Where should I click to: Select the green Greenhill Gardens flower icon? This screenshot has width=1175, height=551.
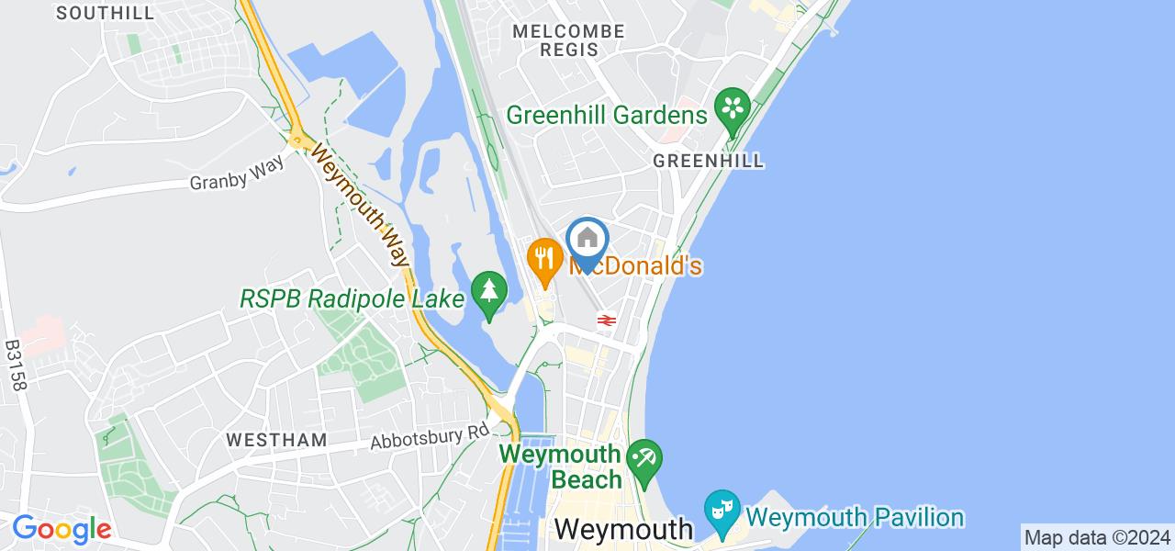click(x=733, y=109)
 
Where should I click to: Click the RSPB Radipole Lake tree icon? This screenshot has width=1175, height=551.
click(x=489, y=293)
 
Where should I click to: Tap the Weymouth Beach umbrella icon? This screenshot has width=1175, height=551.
click(x=644, y=457)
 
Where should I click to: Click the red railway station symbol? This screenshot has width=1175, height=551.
click(x=605, y=320)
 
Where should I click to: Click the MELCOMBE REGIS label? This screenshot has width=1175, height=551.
click(x=569, y=40)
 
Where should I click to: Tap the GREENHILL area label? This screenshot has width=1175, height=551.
click(x=708, y=161)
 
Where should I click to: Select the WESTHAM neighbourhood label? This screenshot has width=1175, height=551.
click(x=277, y=441)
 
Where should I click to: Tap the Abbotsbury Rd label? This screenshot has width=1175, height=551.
click(x=431, y=435)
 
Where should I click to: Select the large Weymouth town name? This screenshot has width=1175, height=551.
click(x=624, y=529)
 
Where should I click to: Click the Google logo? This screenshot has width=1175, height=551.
click(x=62, y=529)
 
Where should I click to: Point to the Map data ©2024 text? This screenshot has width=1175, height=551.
click(x=1097, y=537)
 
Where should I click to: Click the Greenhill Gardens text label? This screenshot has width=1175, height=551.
click(x=607, y=115)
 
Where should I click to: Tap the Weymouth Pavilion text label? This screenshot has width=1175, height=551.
click(x=856, y=518)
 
